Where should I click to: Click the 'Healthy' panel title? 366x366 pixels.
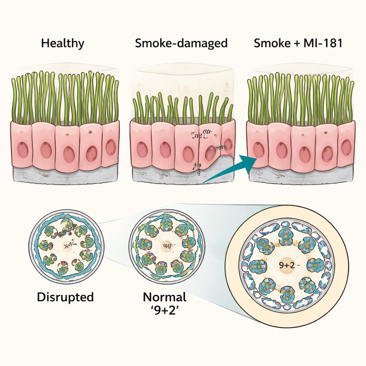63,44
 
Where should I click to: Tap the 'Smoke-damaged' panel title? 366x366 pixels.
181,44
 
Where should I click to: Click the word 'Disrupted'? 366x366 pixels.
65,297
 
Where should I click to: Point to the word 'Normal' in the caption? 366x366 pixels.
165,297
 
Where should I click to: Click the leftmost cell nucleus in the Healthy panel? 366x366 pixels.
23,150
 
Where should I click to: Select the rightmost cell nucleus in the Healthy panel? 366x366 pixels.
110,147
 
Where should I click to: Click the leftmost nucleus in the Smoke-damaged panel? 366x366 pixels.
142,150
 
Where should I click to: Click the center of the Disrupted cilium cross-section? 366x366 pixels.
66,246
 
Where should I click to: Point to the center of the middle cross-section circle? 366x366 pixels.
167,246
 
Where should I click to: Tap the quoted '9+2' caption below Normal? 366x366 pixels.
165,310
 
